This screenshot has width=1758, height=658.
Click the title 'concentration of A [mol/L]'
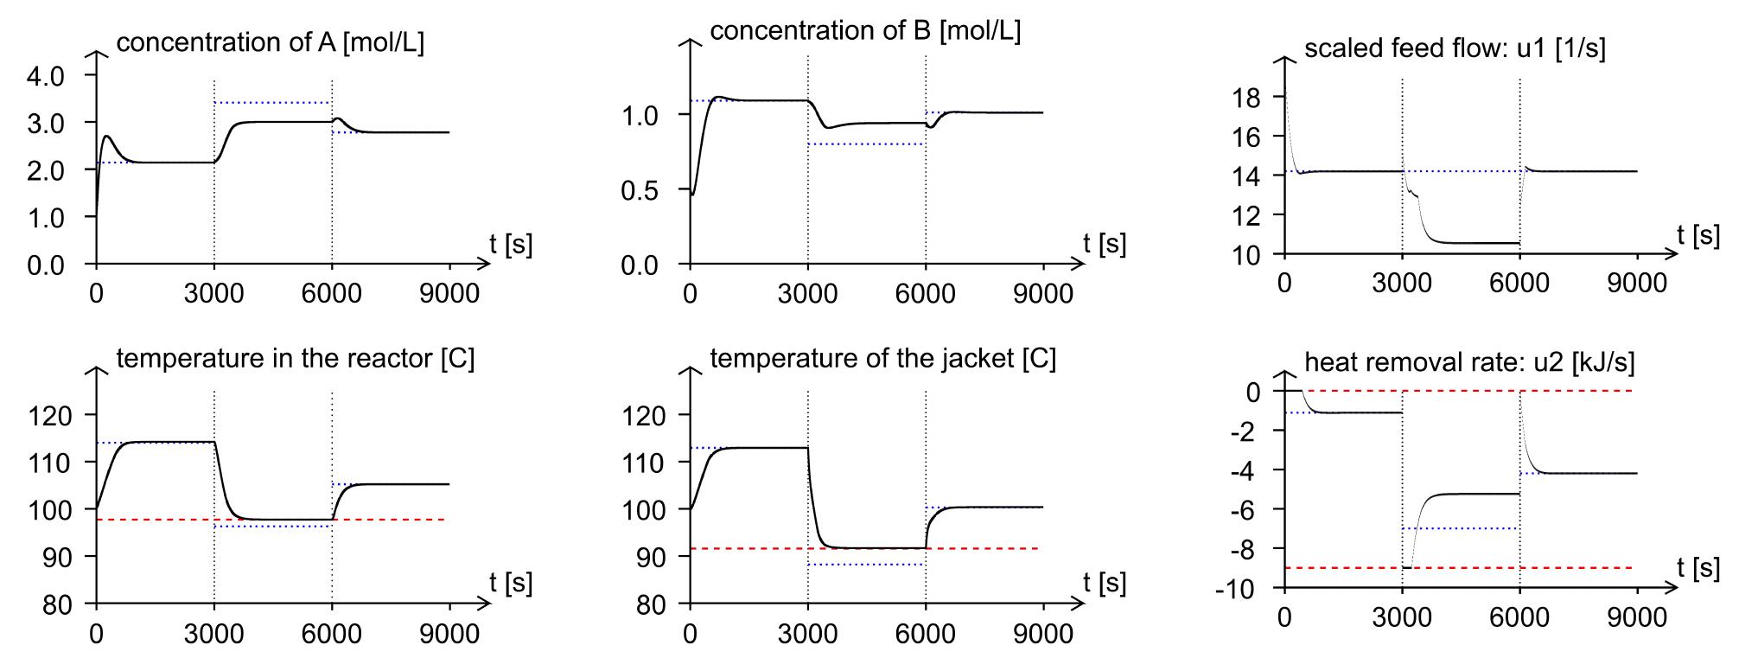270,42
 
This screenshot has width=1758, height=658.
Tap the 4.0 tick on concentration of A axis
46,76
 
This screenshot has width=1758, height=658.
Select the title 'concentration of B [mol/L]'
865,30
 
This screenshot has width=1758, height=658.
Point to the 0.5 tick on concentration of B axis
640,190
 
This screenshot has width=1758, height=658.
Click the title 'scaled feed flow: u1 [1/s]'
1455,48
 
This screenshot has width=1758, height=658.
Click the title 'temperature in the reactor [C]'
295,358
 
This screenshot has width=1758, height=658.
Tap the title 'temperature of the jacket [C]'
882,358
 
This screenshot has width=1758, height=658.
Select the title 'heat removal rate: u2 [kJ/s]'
1469,362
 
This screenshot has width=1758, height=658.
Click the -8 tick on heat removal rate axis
1245,550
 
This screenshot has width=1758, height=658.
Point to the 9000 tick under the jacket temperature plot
1043,634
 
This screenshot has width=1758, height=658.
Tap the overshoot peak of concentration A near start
107,136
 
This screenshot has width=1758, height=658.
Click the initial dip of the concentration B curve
693,195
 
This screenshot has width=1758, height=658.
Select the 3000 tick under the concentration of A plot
213,293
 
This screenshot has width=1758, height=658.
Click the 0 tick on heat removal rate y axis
1253,392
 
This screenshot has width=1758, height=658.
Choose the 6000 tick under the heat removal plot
1519,617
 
